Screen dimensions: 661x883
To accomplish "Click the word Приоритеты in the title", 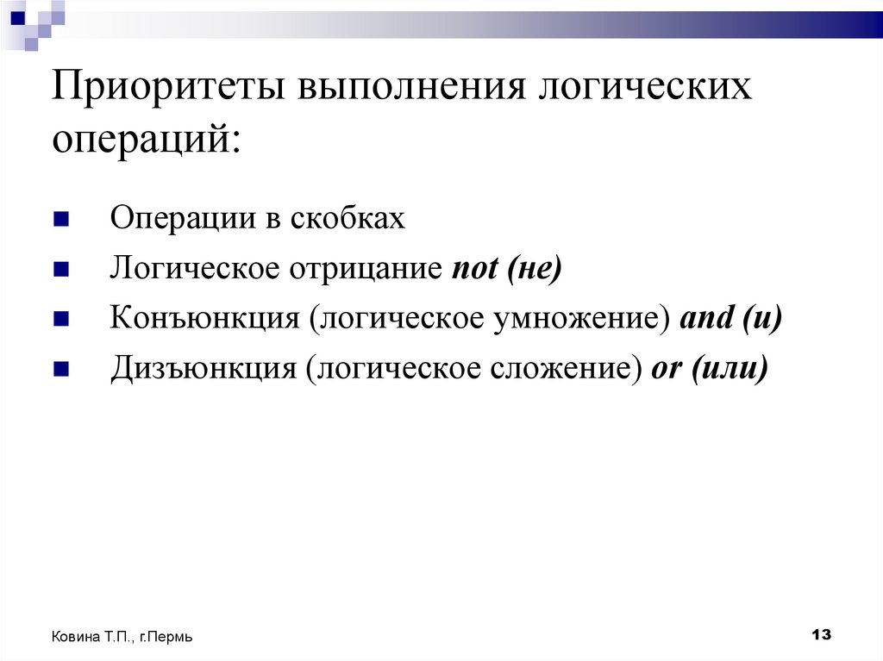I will [170, 89].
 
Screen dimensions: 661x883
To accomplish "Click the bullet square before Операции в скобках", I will [60, 220].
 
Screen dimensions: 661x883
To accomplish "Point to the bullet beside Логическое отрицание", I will [60, 270].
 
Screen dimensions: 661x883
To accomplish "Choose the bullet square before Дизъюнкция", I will [60, 370].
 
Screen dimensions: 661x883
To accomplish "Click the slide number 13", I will [821, 635].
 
